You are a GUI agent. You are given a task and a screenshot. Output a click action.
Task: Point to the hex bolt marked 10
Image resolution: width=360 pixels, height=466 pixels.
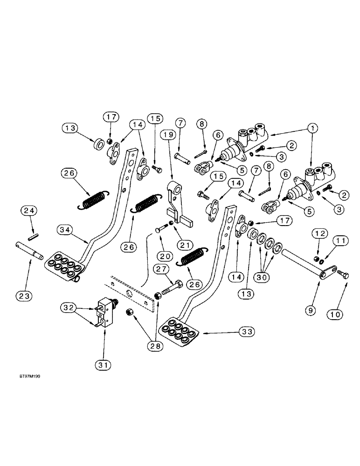tap(345, 274)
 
